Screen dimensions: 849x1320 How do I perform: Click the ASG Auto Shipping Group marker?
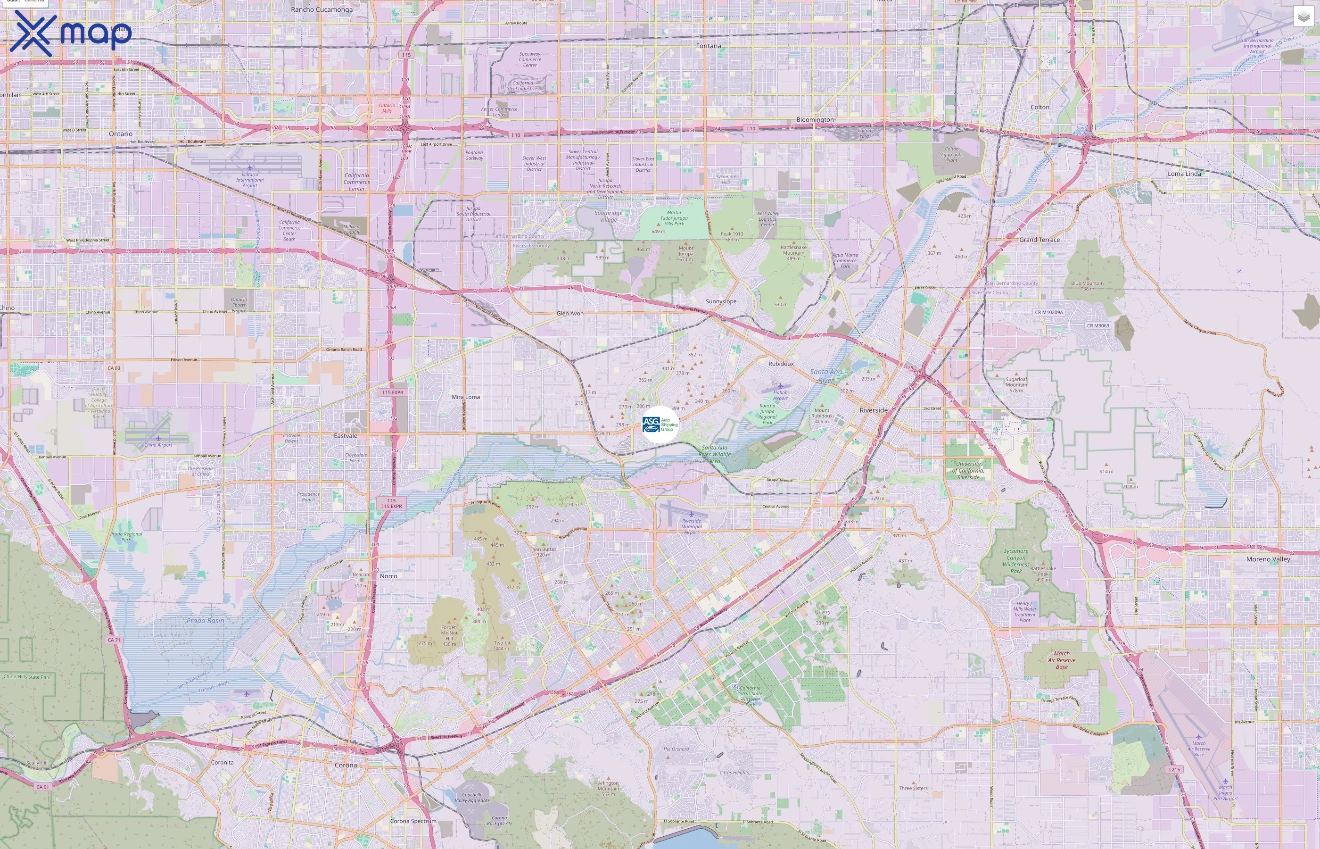[660, 424]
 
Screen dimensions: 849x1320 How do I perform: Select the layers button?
[1303, 17]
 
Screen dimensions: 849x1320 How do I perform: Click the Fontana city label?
[708, 46]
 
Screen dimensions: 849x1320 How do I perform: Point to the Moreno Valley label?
[1268, 559]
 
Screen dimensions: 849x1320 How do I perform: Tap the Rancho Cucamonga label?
[322, 9]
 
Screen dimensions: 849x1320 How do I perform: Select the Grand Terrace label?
[1039, 240]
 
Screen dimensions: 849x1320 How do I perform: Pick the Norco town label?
[388, 576]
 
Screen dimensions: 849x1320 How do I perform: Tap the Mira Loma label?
[465, 397]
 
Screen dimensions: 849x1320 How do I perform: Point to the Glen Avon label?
[569, 313]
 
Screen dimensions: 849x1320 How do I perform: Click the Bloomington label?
[815, 120]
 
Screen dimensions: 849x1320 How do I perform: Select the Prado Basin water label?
[205, 621]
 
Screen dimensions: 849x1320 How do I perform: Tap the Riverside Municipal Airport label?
[692, 526]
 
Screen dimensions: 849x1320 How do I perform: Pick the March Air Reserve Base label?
[1061, 660]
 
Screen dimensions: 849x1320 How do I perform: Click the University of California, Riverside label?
[968, 470]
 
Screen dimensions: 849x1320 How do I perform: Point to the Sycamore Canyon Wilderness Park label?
[1015, 561]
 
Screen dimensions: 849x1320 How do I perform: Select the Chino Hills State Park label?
[27, 677]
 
